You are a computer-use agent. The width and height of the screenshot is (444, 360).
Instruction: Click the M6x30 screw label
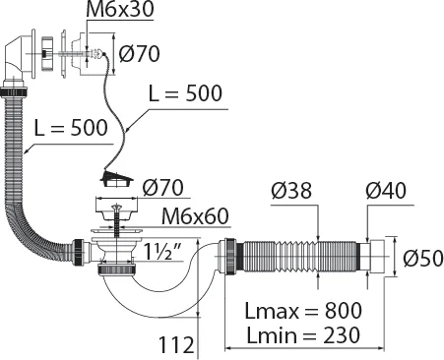(x=120, y=10)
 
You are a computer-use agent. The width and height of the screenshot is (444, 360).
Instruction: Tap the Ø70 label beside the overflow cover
(x=140, y=54)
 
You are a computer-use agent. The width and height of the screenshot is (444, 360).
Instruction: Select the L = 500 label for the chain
(x=185, y=93)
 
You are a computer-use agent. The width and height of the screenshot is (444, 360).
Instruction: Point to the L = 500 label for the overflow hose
(x=71, y=128)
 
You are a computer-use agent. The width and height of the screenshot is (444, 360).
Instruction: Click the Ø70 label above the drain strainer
(x=163, y=188)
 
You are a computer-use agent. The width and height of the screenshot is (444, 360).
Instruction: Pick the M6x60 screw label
(x=195, y=216)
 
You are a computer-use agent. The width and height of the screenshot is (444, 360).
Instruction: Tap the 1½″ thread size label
(x=162, y=252)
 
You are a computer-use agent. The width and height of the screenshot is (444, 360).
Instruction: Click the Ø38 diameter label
(x=291, y=190)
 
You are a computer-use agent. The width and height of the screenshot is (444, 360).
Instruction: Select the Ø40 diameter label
(x=386, y=190)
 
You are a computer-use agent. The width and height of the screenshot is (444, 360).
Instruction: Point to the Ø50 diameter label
(x=423, y=258)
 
